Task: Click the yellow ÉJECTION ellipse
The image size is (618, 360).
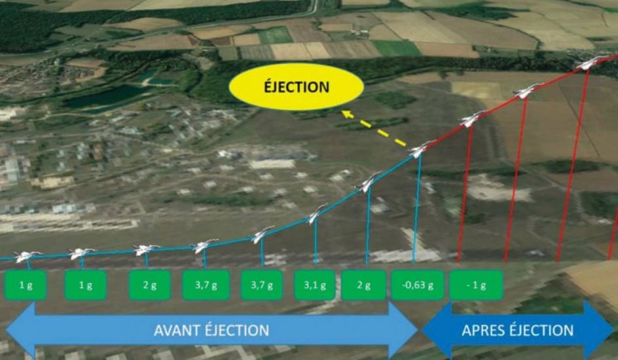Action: [296, 86]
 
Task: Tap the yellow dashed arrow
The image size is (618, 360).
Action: [374, 128]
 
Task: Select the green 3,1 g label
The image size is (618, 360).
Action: [314, 285]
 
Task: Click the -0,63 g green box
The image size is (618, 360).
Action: [418, 285]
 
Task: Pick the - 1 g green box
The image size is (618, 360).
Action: [476, 285]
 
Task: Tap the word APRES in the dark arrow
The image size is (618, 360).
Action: [482, 331]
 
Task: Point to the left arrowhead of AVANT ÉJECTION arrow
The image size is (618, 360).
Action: [20, 330]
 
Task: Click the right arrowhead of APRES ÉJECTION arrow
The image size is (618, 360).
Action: [598, 330]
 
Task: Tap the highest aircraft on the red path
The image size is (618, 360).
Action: [588, 63]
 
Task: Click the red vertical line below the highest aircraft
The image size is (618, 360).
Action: [572, 166]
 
